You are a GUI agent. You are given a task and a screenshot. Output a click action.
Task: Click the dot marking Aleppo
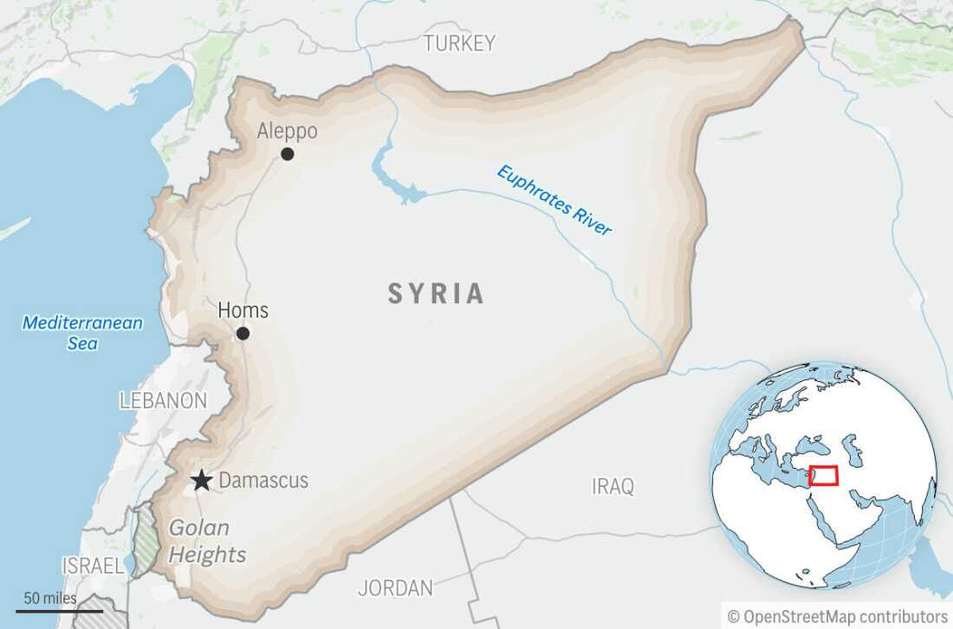[287, 154]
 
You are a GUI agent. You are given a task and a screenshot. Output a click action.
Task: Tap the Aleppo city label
[288, 131]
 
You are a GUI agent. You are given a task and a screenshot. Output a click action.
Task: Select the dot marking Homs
[243, 334]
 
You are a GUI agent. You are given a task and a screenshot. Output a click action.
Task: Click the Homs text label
[243, 310]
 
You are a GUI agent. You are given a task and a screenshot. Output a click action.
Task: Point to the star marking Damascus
[201, 480]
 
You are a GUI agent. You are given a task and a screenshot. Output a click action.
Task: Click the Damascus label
[263, 480]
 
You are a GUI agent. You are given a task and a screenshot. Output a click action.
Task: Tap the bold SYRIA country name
[436, 294]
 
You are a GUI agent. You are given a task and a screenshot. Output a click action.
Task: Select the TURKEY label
[459, 42]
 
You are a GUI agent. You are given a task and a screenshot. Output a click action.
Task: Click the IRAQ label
[613, 486]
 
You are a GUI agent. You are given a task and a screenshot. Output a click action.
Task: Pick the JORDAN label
[395, 588]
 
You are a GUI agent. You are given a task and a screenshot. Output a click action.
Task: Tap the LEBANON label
[163, 400]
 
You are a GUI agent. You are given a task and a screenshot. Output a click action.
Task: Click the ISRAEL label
[93, 566]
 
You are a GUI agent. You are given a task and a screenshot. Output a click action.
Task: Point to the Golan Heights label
[205, 541]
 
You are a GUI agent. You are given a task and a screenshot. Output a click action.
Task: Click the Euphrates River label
[554, 200]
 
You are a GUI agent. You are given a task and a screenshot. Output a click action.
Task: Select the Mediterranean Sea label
[82, 333]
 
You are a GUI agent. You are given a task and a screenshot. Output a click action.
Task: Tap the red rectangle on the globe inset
[824, 476]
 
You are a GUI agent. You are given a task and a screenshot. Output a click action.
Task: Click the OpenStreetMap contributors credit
[838, 616]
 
